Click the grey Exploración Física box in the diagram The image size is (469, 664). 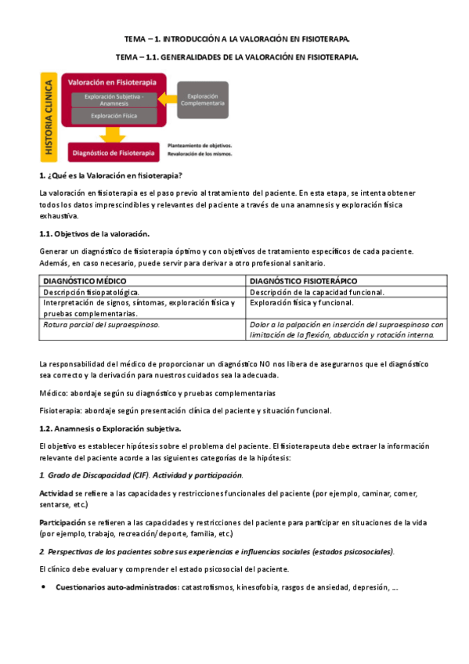[114, 116]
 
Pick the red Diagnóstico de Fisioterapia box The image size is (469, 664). [114, 152]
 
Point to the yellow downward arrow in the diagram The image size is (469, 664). [114, 135]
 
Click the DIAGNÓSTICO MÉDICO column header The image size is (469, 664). [85, 280]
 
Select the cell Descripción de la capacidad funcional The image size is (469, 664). [317, 291]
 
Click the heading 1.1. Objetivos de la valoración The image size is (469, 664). [94, 233]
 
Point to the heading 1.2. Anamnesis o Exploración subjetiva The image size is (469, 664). [110, 428]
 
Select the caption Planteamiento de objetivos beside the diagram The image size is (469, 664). [194, 146]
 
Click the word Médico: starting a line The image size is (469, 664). [52, 393]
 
